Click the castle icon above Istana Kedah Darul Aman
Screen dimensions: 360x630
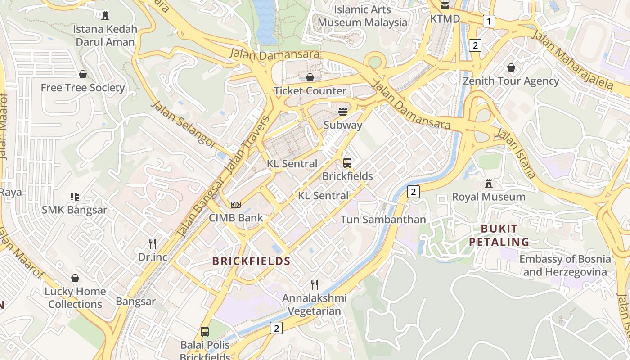pos(105,16)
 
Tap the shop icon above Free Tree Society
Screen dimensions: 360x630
pos(83,74)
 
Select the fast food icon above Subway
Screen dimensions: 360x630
pos(343,112)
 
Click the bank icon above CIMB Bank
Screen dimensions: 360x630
pos(236,205)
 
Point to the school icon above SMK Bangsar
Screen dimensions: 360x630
pos(75,197)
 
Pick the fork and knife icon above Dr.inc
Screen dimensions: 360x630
pos(153,244)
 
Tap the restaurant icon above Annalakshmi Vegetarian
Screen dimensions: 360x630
pos(315,284)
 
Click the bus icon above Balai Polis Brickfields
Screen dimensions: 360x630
pos(205,332)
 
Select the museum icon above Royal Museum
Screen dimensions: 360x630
pos(488,184)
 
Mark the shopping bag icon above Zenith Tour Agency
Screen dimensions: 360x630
pos(511,68)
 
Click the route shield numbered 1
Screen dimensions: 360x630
pos(489,21)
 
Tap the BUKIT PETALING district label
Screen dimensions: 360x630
pos(499,235)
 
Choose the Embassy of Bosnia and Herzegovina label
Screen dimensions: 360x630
pos(565,265)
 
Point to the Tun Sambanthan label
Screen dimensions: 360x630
pos(383,220)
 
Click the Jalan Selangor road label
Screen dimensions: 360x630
pos(184,124)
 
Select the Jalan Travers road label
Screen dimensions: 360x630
pos(247,145)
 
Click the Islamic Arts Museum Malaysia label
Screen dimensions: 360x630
pos(363,16)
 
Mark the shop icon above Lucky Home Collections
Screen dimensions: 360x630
pos(75,279)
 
